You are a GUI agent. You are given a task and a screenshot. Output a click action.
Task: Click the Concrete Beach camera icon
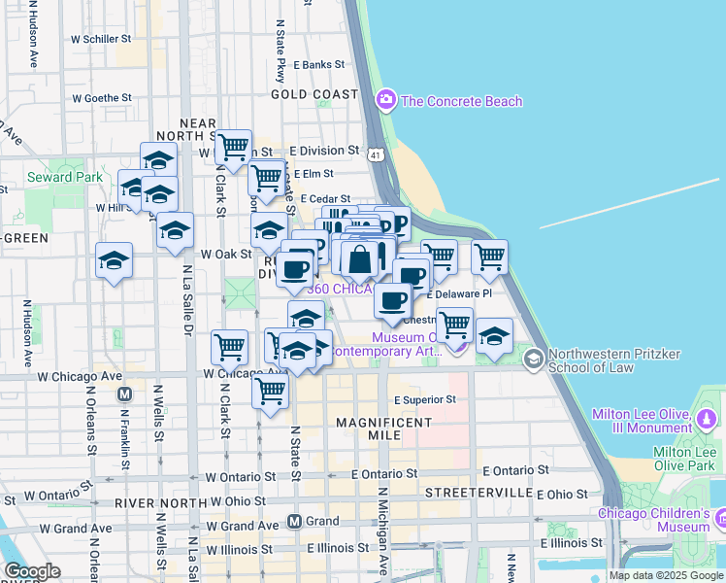[386, 100]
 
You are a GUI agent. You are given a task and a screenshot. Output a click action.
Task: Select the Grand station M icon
[294, 522]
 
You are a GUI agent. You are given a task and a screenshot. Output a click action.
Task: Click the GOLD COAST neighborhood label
[315, 94]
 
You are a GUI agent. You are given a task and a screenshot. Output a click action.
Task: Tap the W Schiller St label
[101, 39]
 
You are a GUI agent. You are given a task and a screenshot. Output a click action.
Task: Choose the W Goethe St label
[101, 98]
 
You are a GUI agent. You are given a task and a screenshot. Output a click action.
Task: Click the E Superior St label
[425, 399]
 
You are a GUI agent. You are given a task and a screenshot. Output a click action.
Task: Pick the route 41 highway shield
[376, 154]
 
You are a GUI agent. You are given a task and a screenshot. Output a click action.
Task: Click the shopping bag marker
[359, 258]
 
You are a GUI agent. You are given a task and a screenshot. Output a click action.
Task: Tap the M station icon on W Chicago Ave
[124, 394]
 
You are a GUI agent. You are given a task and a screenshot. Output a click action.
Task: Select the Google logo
[32, 571]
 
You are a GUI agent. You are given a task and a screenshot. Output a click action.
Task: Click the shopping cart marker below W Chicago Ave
[270, 391]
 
